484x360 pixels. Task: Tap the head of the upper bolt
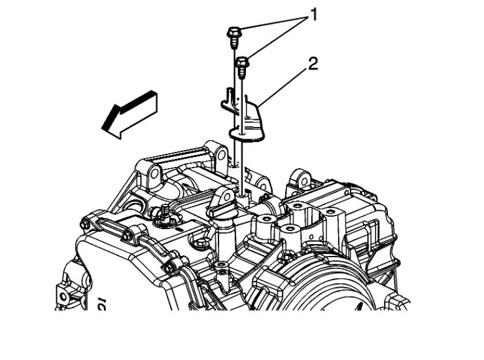(x=233, y=32)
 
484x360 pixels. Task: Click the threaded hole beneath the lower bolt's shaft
(x=243, y=194)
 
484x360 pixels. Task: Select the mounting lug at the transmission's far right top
(x=302, y=179)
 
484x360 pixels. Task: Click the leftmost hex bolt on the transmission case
(x=85, y=225)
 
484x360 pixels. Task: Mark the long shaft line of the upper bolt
(x=234, y=105)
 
